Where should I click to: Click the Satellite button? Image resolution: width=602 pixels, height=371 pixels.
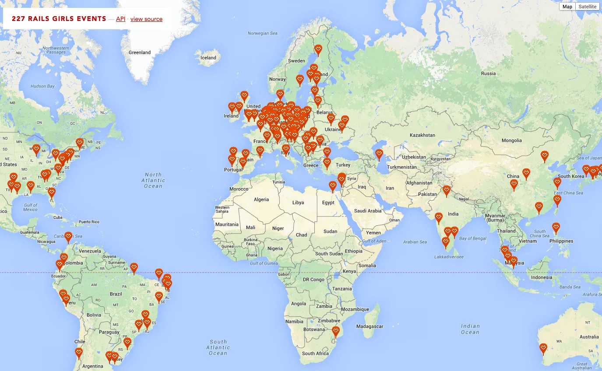tap(587, 7)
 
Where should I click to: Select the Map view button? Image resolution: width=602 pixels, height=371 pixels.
tap(567, 7)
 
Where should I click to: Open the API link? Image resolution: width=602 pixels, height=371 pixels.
tap(120, 19)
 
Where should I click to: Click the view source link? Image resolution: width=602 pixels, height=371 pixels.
tap(146, 19)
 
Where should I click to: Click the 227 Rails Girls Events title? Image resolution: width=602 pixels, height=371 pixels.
tap(59, 19)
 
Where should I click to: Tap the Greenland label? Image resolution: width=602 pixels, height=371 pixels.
tap(140, 52)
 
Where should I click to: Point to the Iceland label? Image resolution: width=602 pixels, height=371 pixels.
tap(208, 58)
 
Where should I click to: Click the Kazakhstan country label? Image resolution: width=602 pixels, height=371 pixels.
tap(422, 135)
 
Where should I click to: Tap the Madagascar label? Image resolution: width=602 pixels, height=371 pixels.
tap(370, 326)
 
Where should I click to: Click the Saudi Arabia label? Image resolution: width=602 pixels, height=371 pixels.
tap(368, 211)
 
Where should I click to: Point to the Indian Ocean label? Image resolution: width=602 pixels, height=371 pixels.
tap(470, 329)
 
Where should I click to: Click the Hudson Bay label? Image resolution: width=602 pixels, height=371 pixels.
tap(42, 86)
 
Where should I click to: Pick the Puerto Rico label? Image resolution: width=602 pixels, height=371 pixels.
tap(89, 222)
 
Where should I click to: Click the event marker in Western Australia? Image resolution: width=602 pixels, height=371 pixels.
tap(543, 348)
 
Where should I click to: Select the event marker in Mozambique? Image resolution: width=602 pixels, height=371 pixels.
tap(336, 331)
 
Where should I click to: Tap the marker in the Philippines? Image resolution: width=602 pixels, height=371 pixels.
tap(556, 227)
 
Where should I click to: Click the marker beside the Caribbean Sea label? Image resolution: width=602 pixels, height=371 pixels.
tap(68, 237)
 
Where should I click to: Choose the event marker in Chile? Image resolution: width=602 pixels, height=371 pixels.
tap(79, 352)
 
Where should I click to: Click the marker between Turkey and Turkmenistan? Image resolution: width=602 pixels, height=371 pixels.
tap(379, 154)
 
